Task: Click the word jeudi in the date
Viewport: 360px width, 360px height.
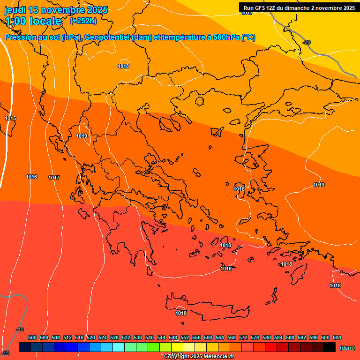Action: point(15,10)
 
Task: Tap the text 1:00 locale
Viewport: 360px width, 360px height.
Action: point(33,21)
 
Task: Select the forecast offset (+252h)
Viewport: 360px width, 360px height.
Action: point(83,21)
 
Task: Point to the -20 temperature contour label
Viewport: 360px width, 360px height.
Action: point(307,42)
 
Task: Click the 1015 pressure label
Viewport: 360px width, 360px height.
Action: point(10,118)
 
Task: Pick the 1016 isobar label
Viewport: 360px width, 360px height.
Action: point(31,177)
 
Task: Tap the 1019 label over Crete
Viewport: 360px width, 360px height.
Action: point(181,313)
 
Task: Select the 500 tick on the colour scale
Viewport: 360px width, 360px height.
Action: point(32,337)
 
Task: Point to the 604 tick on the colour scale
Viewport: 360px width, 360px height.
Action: point(337,337)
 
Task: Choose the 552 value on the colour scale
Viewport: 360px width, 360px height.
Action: point(185,337)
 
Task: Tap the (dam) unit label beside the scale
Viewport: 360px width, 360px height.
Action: point(347,348)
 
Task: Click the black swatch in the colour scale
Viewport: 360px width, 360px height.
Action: point(330,347)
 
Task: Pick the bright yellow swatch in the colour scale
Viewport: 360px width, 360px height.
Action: point(177,347)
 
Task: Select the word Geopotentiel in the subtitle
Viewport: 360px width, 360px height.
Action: point(107,37)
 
